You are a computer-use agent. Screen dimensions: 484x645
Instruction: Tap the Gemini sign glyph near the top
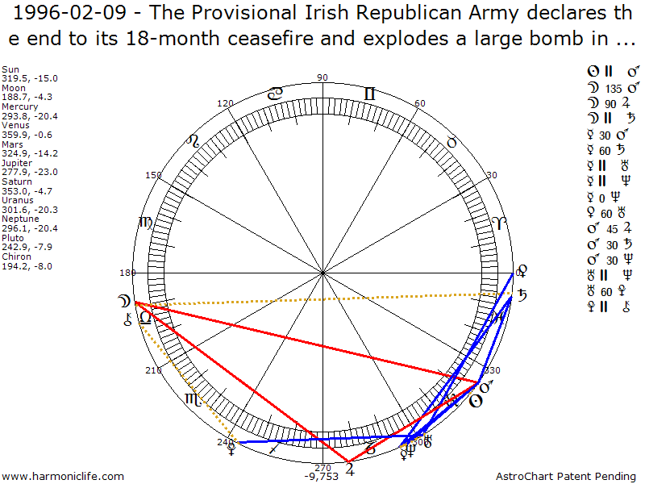coord(369,94)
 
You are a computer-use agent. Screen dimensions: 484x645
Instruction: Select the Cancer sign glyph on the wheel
coord(276,94)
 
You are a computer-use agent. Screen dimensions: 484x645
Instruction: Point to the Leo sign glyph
coord(193,141)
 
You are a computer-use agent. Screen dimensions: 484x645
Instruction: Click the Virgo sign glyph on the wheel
coord(146,223)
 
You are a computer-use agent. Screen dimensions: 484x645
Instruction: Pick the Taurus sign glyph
coord(451,142)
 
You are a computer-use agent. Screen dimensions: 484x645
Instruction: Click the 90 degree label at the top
coord(322,77)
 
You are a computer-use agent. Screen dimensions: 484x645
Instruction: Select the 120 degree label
coord(226,103)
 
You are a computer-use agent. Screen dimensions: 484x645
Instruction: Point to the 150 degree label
coord(153,175)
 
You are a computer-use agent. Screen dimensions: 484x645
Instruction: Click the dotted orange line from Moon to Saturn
coord(322,299)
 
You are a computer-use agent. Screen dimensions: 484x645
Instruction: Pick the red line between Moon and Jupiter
coord(242,384)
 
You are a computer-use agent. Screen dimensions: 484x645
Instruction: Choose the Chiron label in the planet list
coord(14,257)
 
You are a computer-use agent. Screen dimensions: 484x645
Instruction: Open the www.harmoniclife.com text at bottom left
coord(63,477)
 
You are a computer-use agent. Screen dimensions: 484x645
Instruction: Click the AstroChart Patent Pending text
coord(568,477)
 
